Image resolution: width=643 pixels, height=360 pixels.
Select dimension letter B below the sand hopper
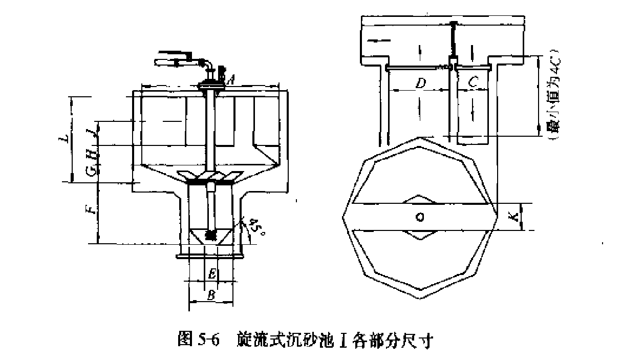[x=210, y=295]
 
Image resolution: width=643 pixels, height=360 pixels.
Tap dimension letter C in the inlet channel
[x=474, y=81]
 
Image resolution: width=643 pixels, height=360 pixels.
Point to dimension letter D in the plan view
[x=420, y=83]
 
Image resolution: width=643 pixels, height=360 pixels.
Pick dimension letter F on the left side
[x=91, y=209]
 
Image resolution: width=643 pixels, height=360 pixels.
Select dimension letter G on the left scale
[x=91, y=171]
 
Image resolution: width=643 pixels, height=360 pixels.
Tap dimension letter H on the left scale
[x=91, y=154]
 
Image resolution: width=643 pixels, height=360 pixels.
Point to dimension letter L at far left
[x=63, y=139]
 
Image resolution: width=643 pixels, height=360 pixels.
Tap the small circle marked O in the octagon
[x=420, y=217]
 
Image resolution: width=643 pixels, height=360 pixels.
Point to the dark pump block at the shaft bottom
[x=210, y=235]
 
